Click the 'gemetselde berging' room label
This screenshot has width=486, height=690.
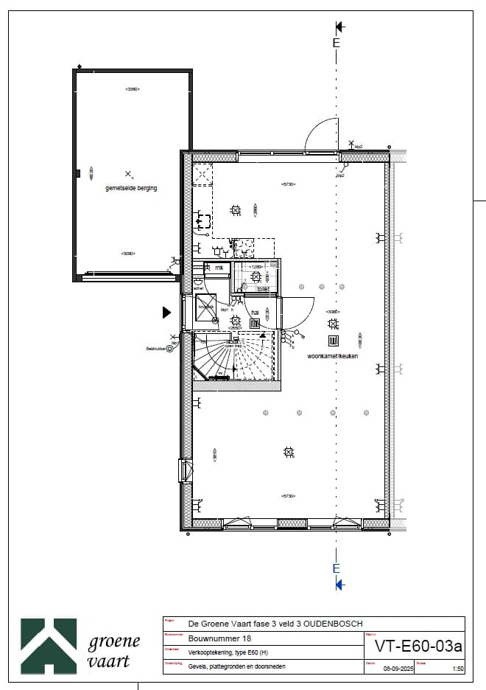click(x=131, y=188)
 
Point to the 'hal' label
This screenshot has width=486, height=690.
click(x=256, y=313)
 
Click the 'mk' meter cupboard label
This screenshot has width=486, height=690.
click(x=219, y=268)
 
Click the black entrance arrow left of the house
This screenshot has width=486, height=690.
click(x=166, y=313)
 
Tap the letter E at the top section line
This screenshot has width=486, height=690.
click(x=337, y=43)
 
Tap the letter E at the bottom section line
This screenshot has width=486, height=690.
click(x=337, y=568)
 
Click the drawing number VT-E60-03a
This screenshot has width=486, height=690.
click(x=418, y=647)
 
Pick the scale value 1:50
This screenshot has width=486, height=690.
click(x=457, y=669)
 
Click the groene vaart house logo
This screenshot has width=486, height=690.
click(x=49, y=646)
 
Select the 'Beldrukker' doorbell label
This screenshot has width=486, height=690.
click(x=155, y=349)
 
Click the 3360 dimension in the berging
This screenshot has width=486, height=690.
click(x=133, y=89)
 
